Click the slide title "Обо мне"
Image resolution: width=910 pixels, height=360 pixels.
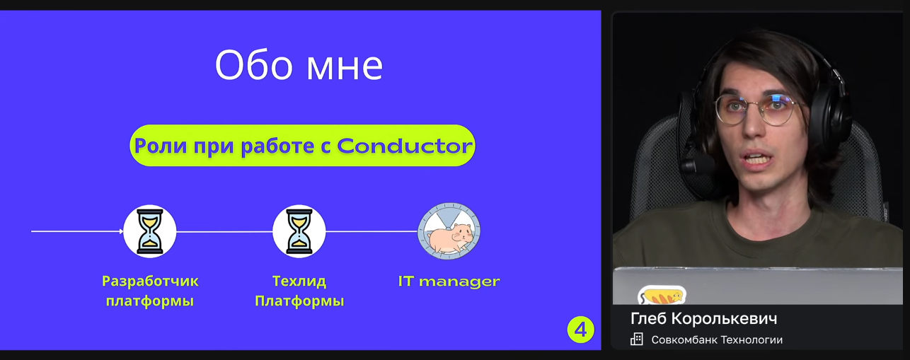pyautogui.click(x=299, y=65)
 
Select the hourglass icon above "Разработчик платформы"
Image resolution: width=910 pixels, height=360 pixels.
pyautogui.click(x=150, y=231)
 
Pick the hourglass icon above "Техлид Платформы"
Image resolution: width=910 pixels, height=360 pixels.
pyautogui.click(x=299, y=231)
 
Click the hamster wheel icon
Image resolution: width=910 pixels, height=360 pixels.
pyautogui.click(x=449, y=231)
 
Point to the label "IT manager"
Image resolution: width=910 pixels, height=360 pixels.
pyautogui.click(x=449, y=281)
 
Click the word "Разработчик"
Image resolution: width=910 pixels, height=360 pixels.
pyautogui.click(x=150, y=281)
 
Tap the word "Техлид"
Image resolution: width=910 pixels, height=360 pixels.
pyautogui.click(x=299, y=281)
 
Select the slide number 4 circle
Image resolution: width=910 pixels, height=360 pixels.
pyautogui.click(x=580, y=330)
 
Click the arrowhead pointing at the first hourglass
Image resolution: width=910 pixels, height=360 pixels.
pyautogui.click(x=121, y=231)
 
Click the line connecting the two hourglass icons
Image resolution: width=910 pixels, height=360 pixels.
pyautogui.click(x=224, y=232)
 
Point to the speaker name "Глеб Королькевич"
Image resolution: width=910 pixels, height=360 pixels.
pyautogui.click(x=703, y=318)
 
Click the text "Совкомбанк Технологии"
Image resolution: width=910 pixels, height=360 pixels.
pyautogui.click(x=717, y=339)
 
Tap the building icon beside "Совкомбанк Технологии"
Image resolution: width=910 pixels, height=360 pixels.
pyautogui.click(x=637, y=339)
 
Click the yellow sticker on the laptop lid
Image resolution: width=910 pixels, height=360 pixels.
pyautogui.click(x=662, y=296)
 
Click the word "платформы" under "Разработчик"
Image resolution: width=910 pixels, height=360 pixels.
pyautogui.click(x=150, y=301)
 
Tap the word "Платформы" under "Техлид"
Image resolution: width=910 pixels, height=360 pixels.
pyautogui.click(x=299, y=301)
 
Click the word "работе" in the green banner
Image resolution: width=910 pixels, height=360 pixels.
pyautogui.click(x=277, y=146)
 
